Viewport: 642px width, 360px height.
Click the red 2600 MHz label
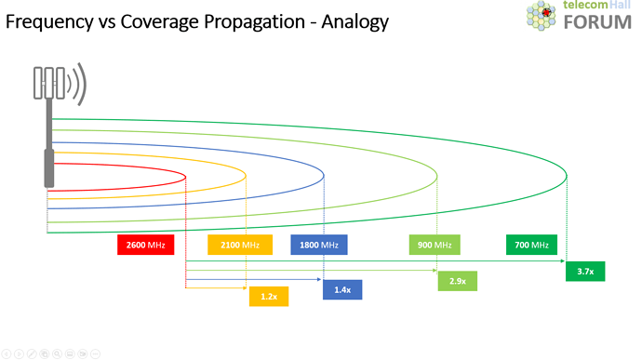145,245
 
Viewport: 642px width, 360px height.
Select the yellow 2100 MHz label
240,245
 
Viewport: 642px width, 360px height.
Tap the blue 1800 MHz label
319,245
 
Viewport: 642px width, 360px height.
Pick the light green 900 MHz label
435,245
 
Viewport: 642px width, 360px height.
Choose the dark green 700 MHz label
531,245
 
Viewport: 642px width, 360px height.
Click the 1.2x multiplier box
269,297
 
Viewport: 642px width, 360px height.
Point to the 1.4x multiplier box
342,289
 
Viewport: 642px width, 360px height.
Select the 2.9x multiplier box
457,280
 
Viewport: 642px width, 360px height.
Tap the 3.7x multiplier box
585,271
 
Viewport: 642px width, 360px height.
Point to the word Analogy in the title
356,20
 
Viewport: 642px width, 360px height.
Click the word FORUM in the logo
596,21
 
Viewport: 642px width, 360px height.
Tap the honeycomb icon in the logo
542,15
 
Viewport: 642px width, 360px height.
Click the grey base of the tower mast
48,168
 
